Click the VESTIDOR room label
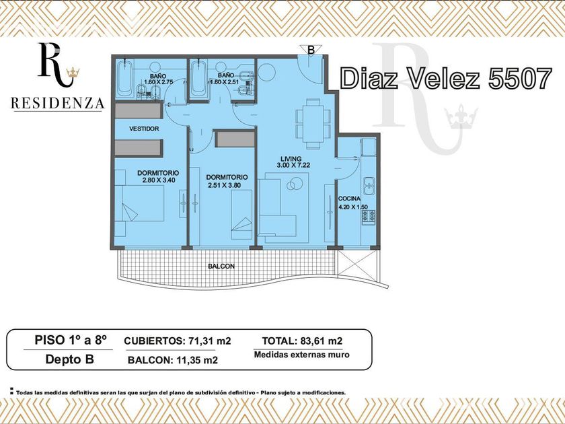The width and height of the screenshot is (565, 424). click(x=144, y=129)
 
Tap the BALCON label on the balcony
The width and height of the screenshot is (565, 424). click(x=221, y=267)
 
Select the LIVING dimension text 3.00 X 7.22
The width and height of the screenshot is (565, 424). click(x=291, y=166)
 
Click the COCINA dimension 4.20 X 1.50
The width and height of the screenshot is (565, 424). click(x=353, y=207)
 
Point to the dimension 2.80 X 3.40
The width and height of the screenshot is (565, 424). click(x=159, y=180)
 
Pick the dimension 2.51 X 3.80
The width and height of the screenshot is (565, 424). click(x=225, y=185)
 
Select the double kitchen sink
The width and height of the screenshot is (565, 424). click(x=369, y=186)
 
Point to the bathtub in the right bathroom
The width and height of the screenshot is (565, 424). click(x=198, y=79)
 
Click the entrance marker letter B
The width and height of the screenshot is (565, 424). click(x=311, y=50)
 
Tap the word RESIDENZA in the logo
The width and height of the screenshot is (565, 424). click(x=58, y=104)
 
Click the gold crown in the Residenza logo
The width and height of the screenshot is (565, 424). click(x=73, y=73)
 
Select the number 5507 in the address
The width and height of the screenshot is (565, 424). click(x=520, y=78)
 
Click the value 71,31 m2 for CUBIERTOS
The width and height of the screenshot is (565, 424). click(x=209, y=341)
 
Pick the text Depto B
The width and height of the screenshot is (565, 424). click(x=69, y=359)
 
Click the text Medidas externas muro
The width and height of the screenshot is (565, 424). click(x=301, y=355)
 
